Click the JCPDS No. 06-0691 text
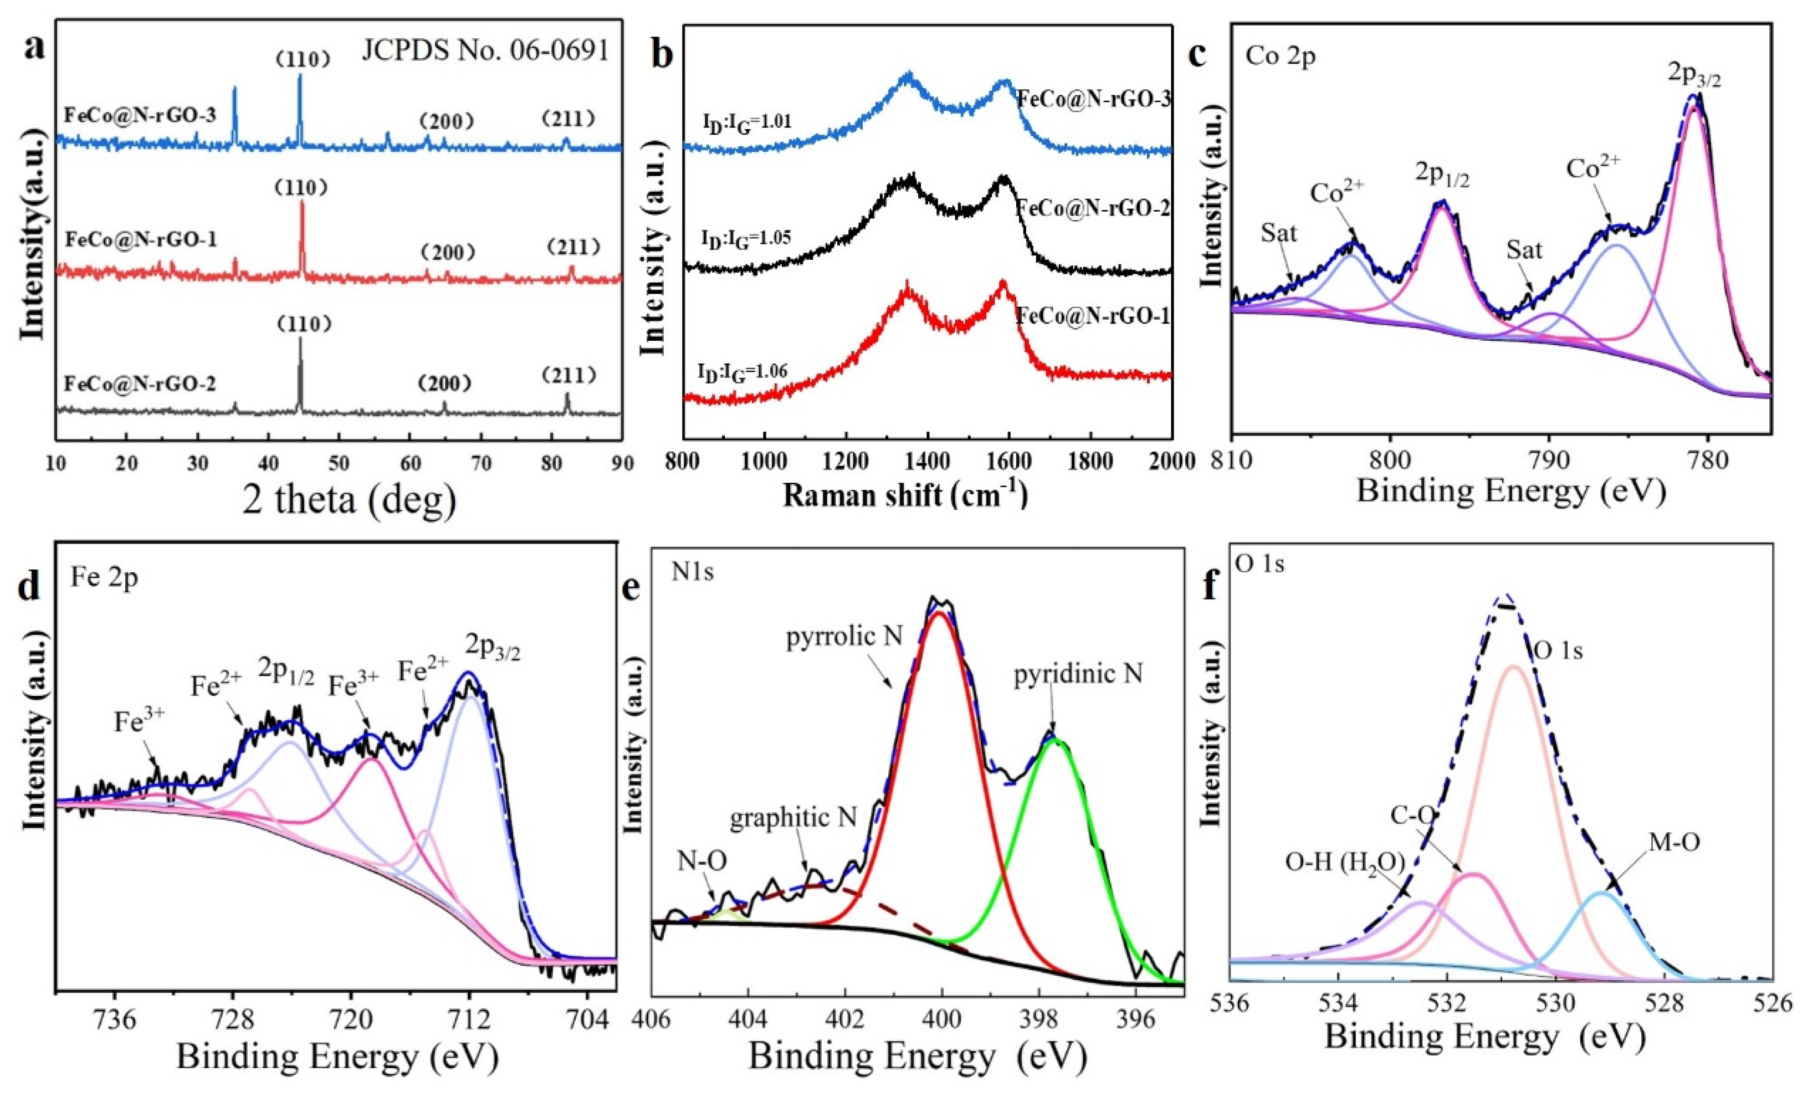[x=485, y=50]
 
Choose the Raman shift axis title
[x=905, y=494]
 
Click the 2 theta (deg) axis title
[x=349, y=499]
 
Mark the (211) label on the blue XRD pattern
[x=567, y=119]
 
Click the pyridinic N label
[x=1078, y=674]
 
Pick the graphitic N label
[x=793, y=817]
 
